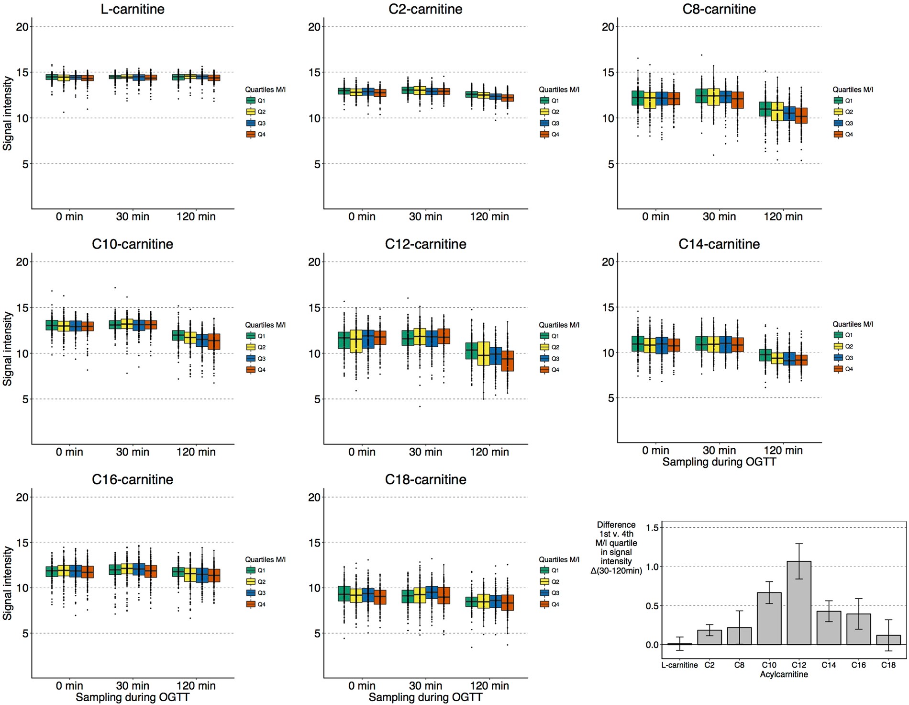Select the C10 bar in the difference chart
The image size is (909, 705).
pos(769,618)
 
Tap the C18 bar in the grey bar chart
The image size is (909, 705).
pos(888,640)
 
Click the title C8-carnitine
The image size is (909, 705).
pos(719,9)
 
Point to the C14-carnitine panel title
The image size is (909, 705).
pos(719,244)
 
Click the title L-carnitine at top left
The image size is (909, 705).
pos(133,9)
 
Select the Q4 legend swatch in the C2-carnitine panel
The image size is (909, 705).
pos(544,135)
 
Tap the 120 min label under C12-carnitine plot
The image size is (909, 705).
pos(489,452)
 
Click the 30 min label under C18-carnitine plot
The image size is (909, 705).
pos(425,686)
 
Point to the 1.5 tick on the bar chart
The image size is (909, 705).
pos(652,528)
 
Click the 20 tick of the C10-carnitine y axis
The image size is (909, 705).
pos(22,262)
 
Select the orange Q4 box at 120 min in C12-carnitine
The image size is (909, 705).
pos(507,361)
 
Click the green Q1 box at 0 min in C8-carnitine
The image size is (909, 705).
pos(637,98)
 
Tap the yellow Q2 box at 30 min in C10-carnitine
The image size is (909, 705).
pos(127,324)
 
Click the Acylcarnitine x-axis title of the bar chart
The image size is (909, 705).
pos(784,674)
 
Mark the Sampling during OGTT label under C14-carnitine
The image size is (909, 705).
pos(719,462)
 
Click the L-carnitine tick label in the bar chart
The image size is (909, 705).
pos(679,665)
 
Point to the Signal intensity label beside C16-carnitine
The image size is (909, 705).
pos(7,583)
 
